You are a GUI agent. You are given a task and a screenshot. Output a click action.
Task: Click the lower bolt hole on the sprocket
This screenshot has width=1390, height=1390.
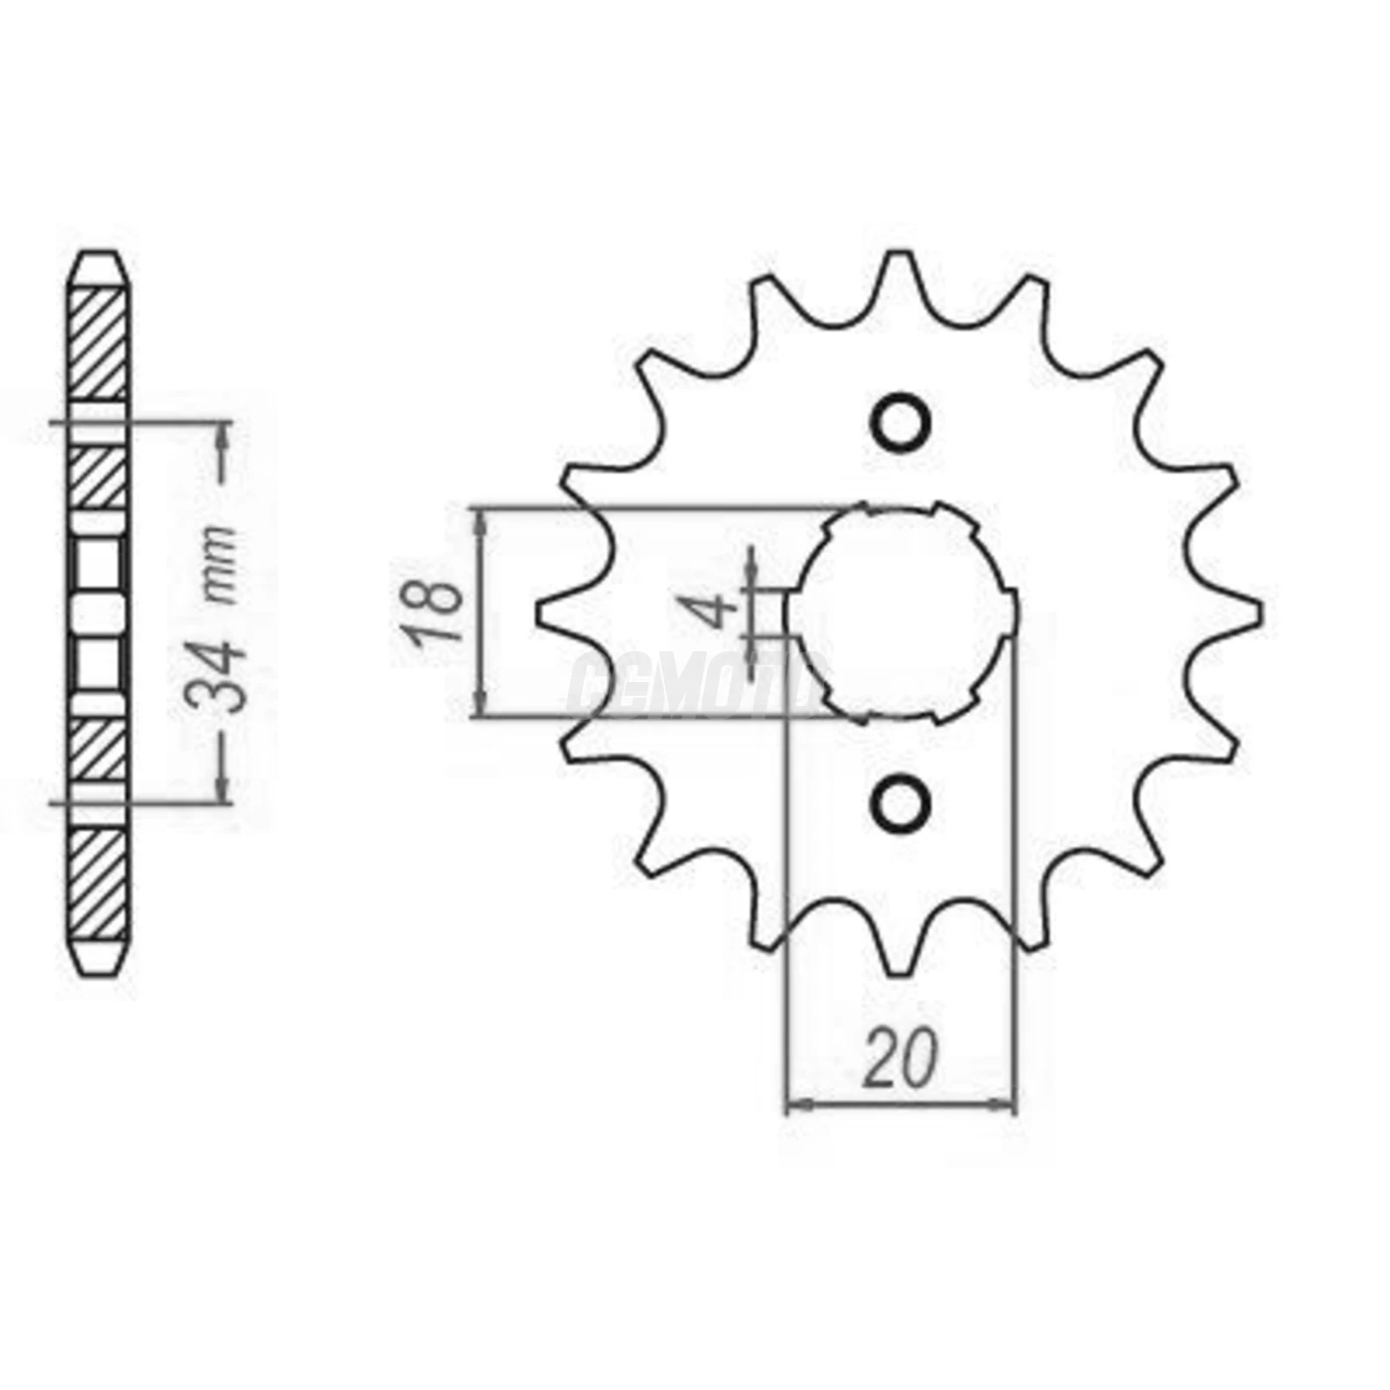(902, 800)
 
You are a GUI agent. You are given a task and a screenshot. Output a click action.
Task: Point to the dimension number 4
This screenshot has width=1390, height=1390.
(717, 610)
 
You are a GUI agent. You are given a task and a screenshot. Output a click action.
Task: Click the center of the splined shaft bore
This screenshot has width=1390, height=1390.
(902, 613)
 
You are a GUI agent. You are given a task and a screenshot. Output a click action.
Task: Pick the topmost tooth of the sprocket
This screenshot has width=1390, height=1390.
(901, 270)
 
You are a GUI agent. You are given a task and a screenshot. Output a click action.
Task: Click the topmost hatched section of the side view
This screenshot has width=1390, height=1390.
(99, 343)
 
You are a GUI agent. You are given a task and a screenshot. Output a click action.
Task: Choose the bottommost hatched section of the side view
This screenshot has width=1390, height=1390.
(99, 884)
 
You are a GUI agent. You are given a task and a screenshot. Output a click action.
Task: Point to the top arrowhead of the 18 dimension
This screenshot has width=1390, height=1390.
(482, 522)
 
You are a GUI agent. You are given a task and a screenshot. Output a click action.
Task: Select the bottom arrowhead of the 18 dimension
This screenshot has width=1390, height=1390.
(482, 703)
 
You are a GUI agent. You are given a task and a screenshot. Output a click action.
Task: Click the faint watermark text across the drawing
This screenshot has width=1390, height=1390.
(695, 685)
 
